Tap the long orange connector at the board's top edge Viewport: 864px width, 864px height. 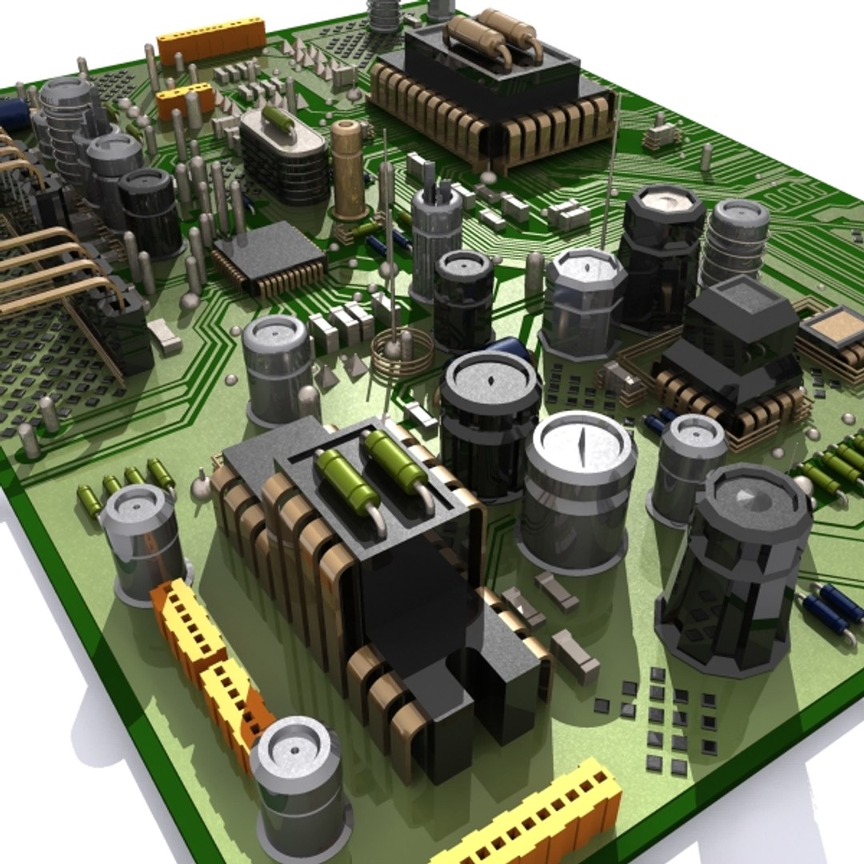coord(211,39)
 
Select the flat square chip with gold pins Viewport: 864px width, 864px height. coord(270,258)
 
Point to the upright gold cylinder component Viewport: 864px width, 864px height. coord(349,170)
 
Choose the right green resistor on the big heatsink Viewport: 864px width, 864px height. coord(396,463)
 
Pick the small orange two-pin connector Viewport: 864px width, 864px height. coord(185,100)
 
